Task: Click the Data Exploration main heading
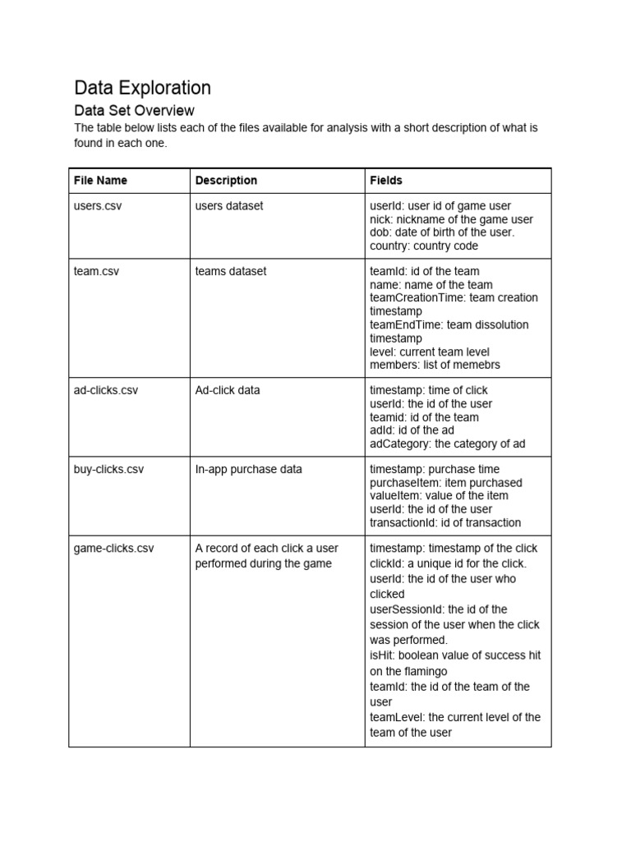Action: point(142,88)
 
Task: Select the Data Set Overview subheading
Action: point(134,110)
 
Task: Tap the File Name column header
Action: point(100,180)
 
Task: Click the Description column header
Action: point(226,180)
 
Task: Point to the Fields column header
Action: point(386,180)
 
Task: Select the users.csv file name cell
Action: point(98,206)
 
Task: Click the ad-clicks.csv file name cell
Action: point(106,390)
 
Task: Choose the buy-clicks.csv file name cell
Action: point(108,469)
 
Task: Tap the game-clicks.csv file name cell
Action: point(113,548)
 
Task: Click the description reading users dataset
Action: point(229,206)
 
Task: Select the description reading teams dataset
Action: point(231,271)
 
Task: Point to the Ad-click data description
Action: point(228,390)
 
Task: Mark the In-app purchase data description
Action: point(248,469)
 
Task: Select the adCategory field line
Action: point(448,443)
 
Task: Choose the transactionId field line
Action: point(445,522)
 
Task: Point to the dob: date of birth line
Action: point(442,232)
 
